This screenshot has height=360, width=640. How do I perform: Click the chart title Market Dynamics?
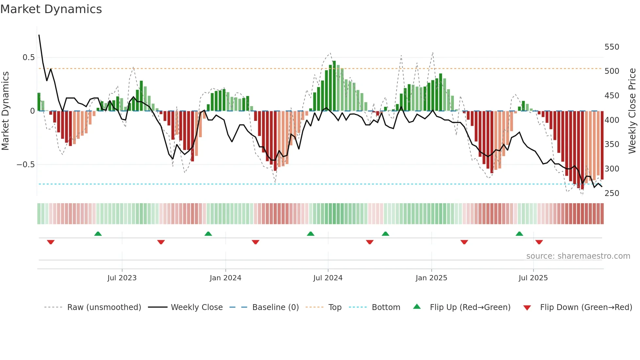[x=51, y=9]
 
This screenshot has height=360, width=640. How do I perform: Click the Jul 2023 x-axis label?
[x=122, y=278]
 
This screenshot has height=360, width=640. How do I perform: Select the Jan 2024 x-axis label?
[x=225, y=278]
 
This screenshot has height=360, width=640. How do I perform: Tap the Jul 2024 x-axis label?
[x=328, y=278]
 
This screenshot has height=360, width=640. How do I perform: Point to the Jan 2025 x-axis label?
[x=431, y=278]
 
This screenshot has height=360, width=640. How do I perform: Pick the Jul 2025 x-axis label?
[x=533, y=278]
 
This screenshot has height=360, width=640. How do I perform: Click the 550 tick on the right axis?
[x=612, y=47]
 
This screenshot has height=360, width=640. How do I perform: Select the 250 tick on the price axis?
[x=612, y=193]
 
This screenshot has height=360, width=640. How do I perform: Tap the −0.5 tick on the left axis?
[x=26, y=165]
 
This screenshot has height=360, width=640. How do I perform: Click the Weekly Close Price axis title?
[x=632, y=111]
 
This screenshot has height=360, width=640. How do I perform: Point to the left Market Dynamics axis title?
[x=5, y=111]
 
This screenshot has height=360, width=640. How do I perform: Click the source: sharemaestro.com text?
[x=578, y=256]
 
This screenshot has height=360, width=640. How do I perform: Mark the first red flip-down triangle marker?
[x=51, y=242]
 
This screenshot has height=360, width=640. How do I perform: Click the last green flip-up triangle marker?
[x=519, y=234]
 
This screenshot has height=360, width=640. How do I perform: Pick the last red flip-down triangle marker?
[x=539, y=242]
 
